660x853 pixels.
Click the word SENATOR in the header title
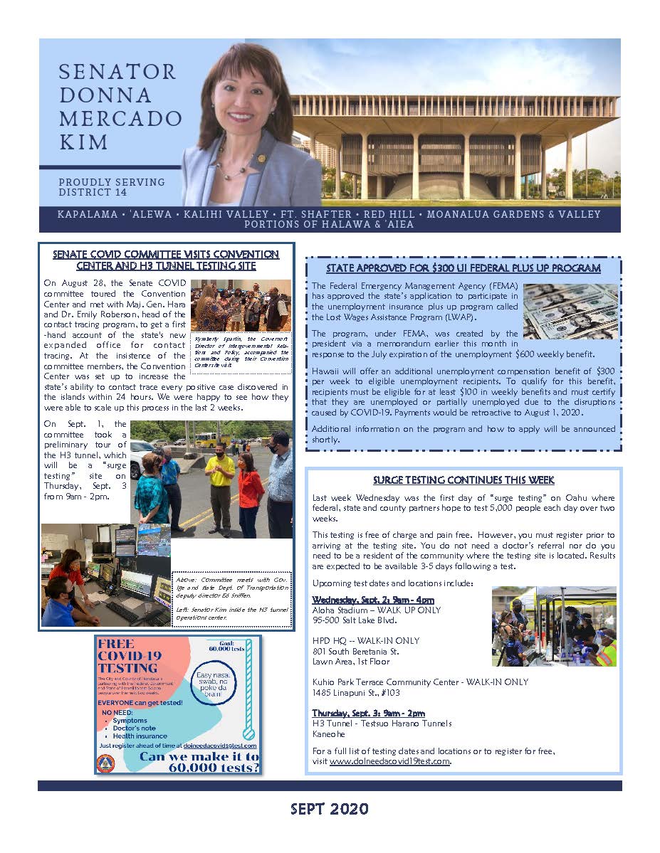click(x=117, y=72)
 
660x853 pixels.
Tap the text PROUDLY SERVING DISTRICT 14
click(x=112, y=187)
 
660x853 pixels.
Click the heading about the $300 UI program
click(x=463, y=268)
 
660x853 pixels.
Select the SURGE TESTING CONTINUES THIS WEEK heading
click(x=463, y=480)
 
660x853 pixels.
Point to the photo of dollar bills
click(x=570, y=311)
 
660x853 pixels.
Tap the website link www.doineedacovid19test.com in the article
click(x=390, y=761)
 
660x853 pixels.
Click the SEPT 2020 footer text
click(x=330, y=809)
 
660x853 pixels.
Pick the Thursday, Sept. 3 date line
click(x=368, y=713)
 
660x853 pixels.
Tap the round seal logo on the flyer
click(x=105, y=763)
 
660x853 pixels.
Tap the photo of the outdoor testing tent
click(x=553, y=627)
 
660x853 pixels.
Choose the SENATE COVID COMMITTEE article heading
click(x=167, y=260)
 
